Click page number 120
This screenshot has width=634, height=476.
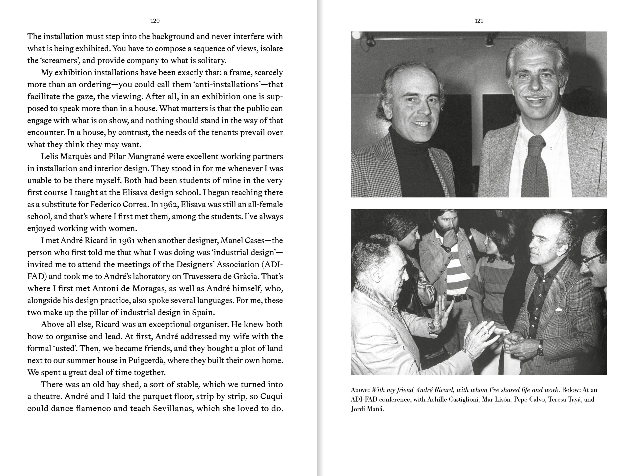click(155, 21)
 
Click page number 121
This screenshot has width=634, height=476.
click(479, 21)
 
